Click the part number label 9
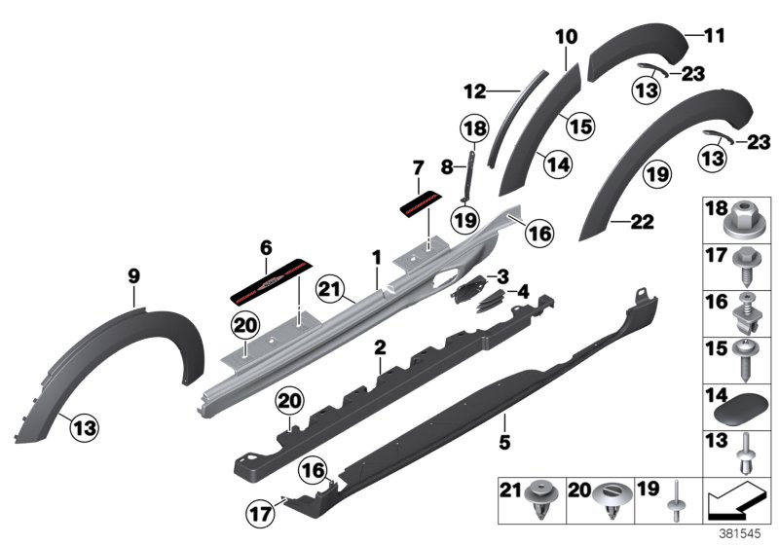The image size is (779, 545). click(x=134, y=275)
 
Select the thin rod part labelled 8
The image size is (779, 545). click(x=467, y=175)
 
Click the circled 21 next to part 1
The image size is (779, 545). click(x=331, y=288)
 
